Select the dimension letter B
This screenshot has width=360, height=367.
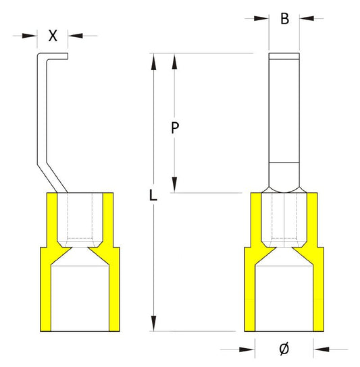click(285, 19)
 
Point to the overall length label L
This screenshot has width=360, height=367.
click(153, 197)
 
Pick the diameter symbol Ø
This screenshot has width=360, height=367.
click(284, 349)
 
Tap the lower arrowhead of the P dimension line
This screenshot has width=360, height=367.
click(176, 186)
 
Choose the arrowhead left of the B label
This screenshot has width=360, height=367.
click(263, 19)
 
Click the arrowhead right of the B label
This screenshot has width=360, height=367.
click(306, 19)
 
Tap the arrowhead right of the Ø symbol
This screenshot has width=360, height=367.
click(322, 349)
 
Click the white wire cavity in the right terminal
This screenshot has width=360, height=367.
click(285, 297)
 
